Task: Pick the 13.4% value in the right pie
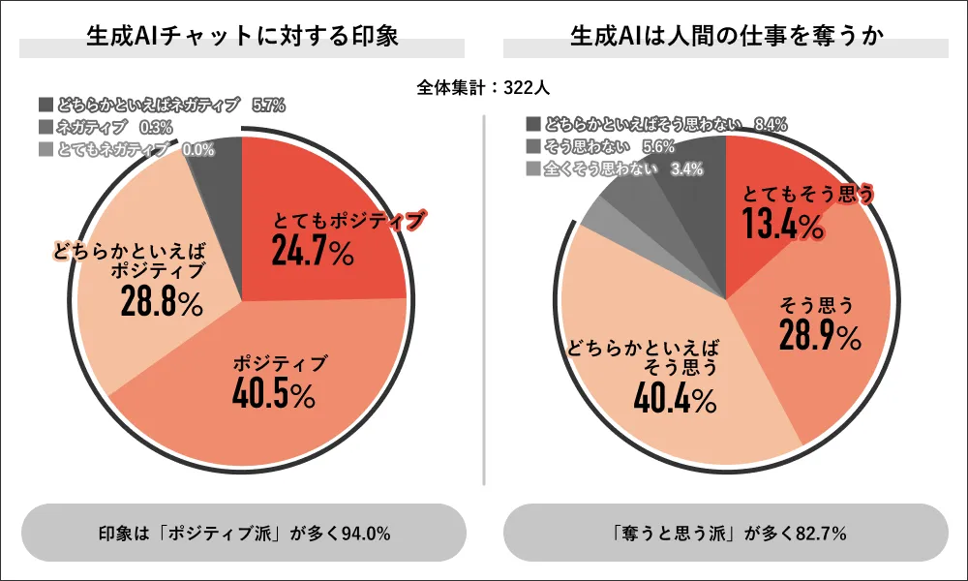coord(783,226)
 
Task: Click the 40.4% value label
coord(677,396)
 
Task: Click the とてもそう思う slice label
coord(809,194)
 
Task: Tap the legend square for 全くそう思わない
coord(531,169)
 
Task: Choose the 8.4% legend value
coord(770,124)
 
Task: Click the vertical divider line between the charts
coord(484,300)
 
